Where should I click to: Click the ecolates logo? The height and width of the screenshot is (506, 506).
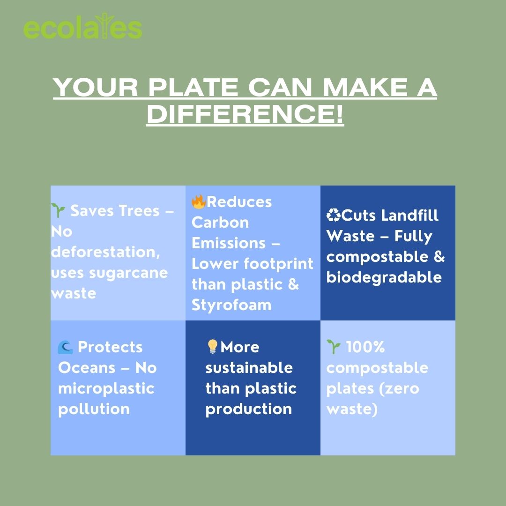tap(82, 27)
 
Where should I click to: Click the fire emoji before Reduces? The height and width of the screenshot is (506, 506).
tap(199, 201)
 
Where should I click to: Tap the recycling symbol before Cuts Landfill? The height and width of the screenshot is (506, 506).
tap(334, 215)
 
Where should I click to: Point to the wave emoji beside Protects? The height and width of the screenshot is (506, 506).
tap(65, 347)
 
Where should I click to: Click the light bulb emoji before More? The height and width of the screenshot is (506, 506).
tap(212, 347)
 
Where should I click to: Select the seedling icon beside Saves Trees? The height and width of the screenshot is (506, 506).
tap(58, 210)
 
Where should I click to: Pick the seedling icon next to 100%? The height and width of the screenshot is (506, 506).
tap(334, 347)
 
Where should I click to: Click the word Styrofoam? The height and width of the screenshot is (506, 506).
tap(231, 305)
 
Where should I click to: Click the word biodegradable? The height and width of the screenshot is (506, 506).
tap(384, 277)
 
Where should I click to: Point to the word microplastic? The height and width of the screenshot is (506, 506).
tap(106, 389)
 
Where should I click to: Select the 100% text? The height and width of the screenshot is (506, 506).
tap(365, 347)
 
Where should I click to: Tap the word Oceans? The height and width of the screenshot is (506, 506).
tap(87, 368)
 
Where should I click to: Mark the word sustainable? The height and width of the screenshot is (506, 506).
tap(249, 368)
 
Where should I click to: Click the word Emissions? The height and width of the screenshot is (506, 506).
tap(229, 243)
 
